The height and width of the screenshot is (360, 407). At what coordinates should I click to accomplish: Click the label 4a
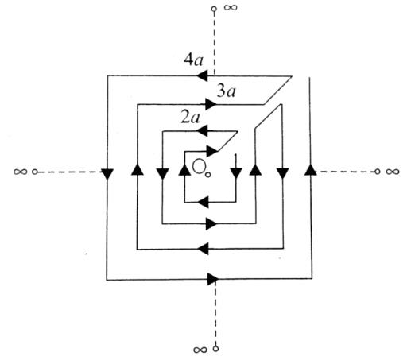pos(194,60)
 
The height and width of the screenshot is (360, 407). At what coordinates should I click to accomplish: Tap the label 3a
pos(226,91)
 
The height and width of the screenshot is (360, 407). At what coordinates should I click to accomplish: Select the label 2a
pos(190,118)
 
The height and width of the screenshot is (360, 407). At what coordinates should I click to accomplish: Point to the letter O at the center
pos(198,166)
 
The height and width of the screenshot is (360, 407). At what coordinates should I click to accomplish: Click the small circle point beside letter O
pos(208,175)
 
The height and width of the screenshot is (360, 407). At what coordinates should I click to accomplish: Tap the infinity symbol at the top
pos(231,7)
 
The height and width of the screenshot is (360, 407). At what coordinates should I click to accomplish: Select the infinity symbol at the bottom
pos(200,350)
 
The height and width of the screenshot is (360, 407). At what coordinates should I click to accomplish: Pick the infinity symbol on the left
pos(20,172)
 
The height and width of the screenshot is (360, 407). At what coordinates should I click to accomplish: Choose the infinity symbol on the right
pos(393,172)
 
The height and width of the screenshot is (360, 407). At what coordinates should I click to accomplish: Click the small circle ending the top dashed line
pos(214,9)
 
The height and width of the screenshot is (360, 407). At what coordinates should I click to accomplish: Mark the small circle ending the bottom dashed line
pos(216,348)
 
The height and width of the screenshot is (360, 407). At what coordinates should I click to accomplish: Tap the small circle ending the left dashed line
pos(35,172)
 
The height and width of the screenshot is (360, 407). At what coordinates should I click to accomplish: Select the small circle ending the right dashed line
pos(378,172)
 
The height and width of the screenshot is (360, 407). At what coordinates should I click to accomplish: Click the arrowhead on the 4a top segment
pos(202,76)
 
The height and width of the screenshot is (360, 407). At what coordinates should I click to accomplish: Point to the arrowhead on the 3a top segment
pos(211,103)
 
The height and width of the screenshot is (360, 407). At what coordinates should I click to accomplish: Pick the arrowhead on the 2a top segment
pos(202,131)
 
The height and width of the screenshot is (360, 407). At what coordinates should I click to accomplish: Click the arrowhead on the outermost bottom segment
pos(212,279)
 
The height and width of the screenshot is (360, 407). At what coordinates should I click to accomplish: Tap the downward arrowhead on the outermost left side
pos(107,174)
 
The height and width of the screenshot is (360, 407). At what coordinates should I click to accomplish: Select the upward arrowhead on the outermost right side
pos(310,169)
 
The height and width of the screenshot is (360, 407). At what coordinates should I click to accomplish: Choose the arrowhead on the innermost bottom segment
pos(203,202)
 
